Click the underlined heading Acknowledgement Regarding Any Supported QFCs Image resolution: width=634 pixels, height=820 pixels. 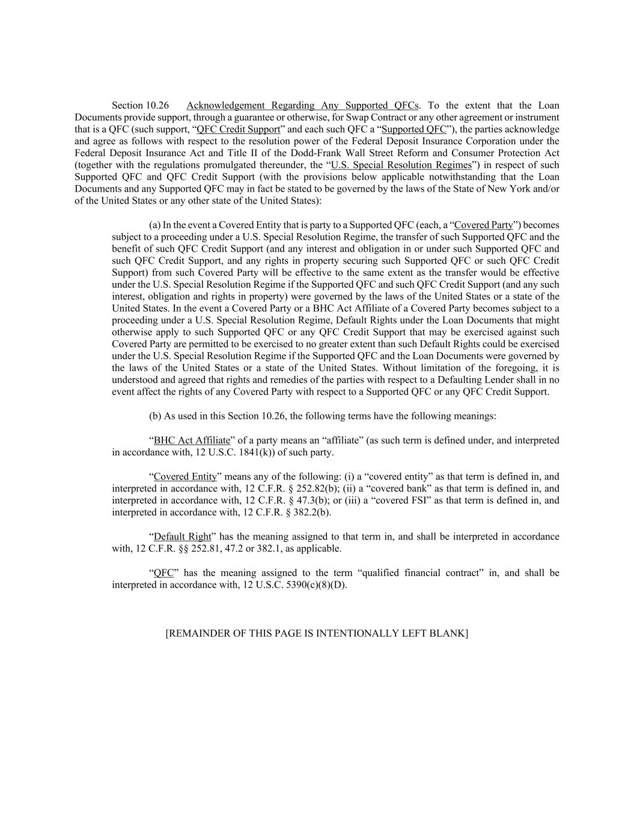(x=302, y=106)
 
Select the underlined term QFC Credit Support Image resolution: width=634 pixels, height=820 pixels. (x=239, y=129)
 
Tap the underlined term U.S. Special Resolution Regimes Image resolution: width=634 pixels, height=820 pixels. (x=401, y=165)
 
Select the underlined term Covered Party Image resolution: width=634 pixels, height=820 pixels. (x=484, y=225)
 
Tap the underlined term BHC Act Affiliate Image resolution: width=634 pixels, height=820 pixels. (x=192, y=440)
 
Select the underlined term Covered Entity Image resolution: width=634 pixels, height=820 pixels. (x=185, y=476)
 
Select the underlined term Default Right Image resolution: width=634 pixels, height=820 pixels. (x=183, y=536)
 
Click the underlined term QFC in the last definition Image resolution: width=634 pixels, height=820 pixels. (x=163, y=573)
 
